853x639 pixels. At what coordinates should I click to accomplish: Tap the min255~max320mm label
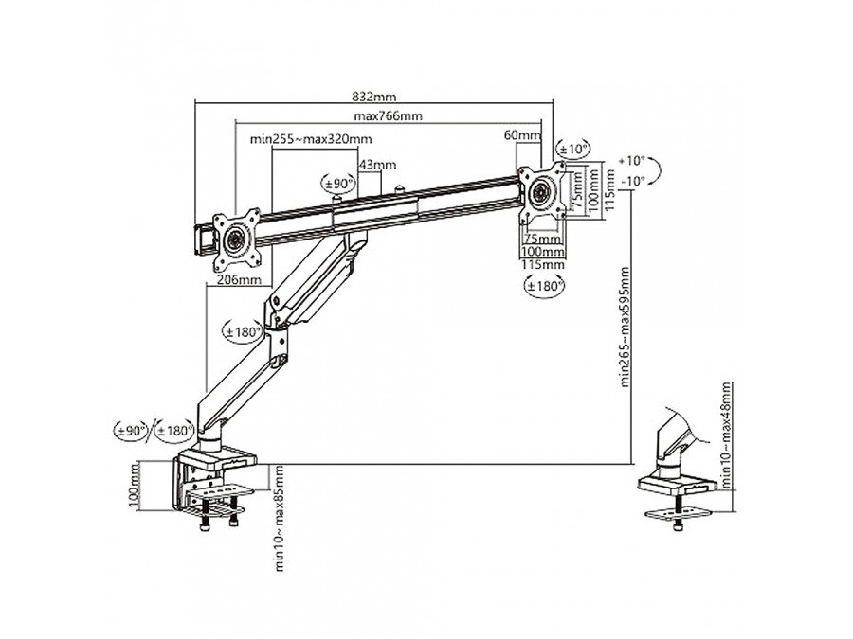pyautogui.click(x=298, y=138)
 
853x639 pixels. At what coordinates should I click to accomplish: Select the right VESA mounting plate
pyautogui.click(x=542, y=191)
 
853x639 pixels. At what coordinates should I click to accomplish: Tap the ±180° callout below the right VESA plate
pyautogui.click(x=545, y=284)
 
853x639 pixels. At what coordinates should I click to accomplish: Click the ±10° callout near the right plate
pyautogui.click(x=572, y=150)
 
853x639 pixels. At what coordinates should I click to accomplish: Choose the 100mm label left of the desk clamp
pyautogui.click(x=136, y=486)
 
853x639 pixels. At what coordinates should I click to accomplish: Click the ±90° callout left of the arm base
pyautogui.click(x=132, y=432)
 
